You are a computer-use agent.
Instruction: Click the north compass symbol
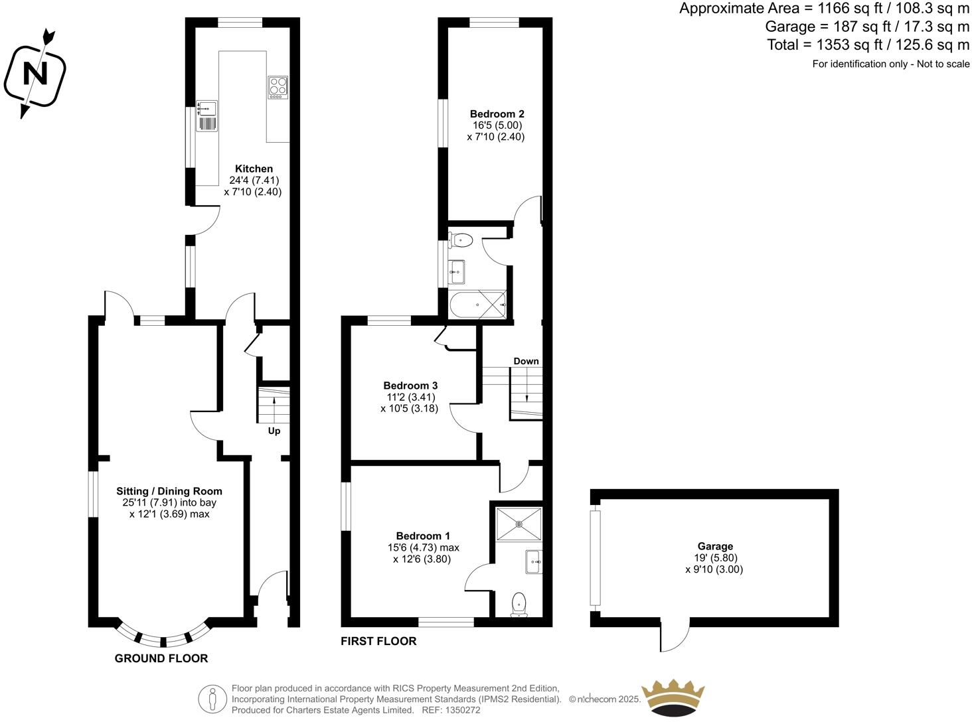tap(35, 72)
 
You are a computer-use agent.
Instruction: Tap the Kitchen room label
tap(254, 169)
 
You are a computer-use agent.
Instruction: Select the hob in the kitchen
tap(278, 88)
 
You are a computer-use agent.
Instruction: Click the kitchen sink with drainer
tap(206, 116)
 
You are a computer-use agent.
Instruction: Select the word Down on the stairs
tap(526, 361)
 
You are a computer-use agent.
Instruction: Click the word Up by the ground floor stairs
tap(274, 431)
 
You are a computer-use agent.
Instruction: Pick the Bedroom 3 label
tap(410, 386)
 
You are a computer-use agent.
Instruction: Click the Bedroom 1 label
tap(423, 536)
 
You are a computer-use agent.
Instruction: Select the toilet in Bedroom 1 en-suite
tap(519, 605)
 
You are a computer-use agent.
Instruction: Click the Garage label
tap(715, 546)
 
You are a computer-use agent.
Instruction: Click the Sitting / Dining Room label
tap(169, 492)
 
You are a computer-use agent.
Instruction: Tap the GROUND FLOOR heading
tap(161, 658)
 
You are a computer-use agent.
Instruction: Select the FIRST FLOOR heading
tap(378, 641)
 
